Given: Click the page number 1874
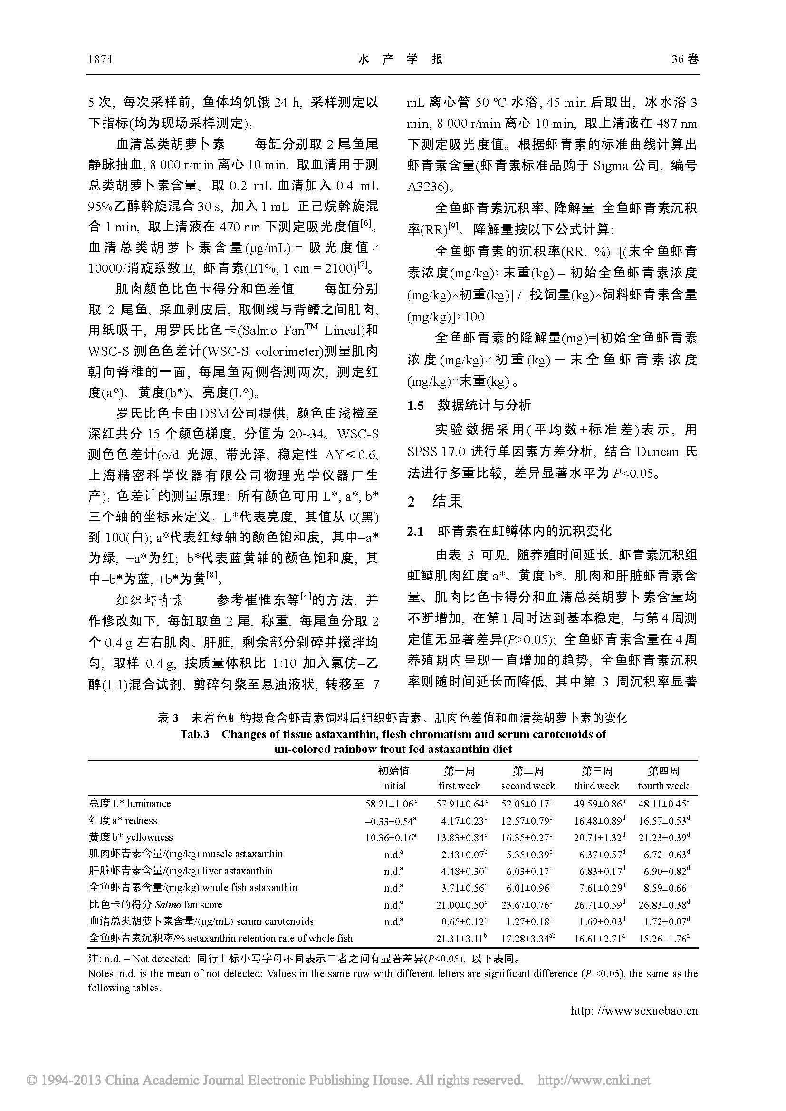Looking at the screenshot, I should click(x=100, y=59).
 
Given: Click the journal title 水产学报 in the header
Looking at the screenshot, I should click(x=400, y=59).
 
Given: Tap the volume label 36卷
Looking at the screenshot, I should click(x=685, y=59).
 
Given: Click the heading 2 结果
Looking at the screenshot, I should click(x=435, y=501).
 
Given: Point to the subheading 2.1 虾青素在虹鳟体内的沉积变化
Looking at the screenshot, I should click(x=509, y=532).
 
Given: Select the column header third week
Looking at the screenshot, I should click(x=597, y=786).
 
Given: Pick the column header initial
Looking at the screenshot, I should click(x=393, y=786).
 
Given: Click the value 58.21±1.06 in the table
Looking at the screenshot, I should click(x=391, y=804).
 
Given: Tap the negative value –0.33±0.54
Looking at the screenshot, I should click(x=391, y=821).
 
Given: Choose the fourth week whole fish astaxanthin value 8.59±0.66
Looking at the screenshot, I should click(x=662, y=888).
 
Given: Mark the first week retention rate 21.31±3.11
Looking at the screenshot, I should click(x=459, y=939).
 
